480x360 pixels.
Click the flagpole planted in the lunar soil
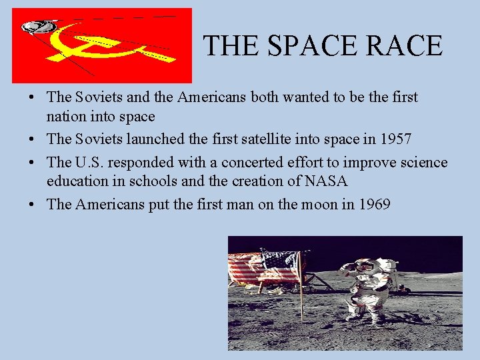(x=301, y=287)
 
